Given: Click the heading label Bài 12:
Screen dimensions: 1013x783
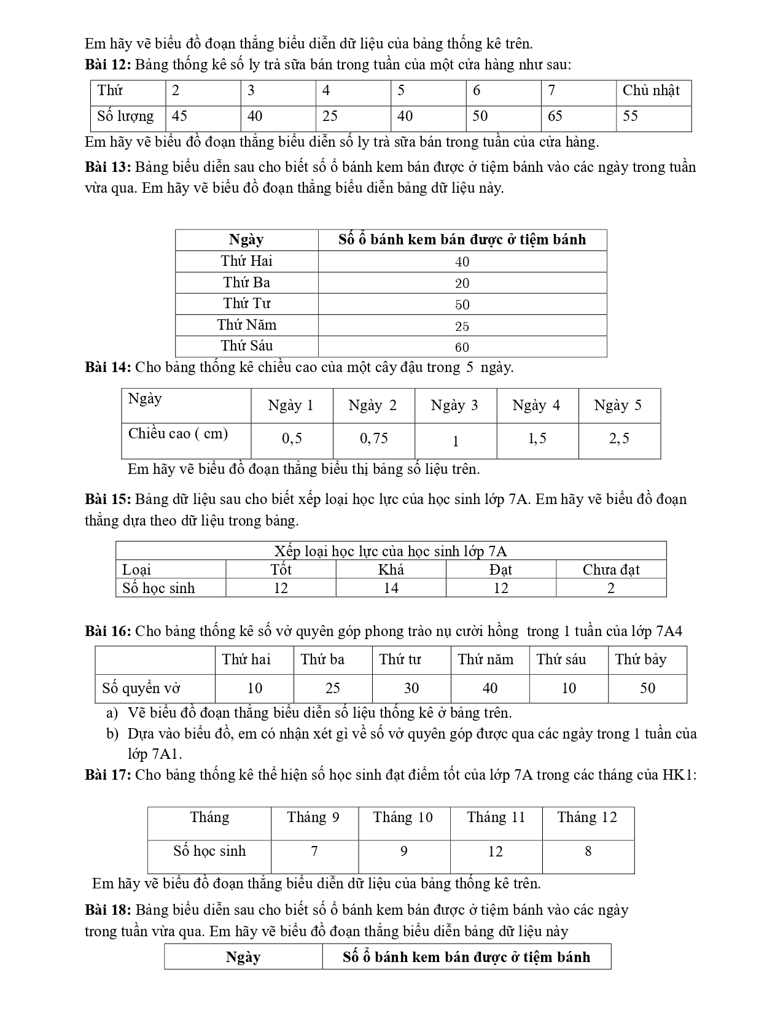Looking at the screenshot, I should [x=107, y=64].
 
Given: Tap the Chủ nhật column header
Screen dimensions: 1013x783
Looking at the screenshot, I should [x=650, y=91].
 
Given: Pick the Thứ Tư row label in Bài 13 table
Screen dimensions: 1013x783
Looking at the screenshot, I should [x=247, y=304].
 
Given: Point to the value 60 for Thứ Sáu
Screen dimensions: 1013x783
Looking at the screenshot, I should [x=462, y=347].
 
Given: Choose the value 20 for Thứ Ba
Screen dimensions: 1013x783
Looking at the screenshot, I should [x=462, y=283].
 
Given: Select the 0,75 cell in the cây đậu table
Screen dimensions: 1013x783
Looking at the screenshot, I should [x=373, y=438].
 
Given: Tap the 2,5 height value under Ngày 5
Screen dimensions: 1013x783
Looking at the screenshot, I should [x=618, y=438].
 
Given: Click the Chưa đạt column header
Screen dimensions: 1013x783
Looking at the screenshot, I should [x=611, y=570].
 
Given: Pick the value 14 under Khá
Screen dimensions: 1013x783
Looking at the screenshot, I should [x=391, y=588].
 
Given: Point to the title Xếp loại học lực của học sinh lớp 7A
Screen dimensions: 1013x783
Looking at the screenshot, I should [x=391, y=551].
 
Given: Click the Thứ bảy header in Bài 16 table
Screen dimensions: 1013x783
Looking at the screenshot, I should [x=641, y=660].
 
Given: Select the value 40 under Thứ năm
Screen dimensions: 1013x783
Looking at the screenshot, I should [x=490, y=688].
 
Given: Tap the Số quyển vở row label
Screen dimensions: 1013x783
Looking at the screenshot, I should [x=141, y=688].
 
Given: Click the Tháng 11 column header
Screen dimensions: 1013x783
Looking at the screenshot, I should [x=496, y=818].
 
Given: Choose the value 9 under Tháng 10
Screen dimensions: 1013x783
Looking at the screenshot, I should [x=403, y=852].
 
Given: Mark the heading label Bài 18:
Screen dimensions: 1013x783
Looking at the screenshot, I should [x=107, y=910].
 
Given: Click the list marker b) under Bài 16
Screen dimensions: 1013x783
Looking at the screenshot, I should [x=112, y=734].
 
